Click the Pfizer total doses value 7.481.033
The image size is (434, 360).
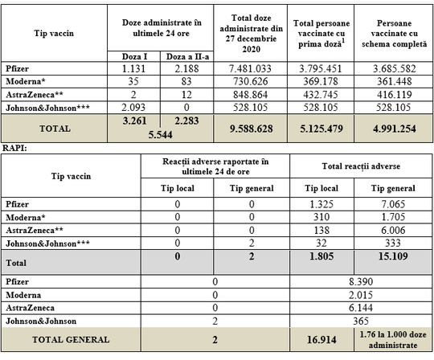[x=251, y=68]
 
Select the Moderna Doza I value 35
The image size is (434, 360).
[x=133, y=81]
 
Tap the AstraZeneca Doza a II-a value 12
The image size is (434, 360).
[x=186, y=95]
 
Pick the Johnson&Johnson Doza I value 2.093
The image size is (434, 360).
[x=133, y=108]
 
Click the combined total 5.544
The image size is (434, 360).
[x=160, y=135]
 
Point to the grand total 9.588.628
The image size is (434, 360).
[x=251, y=129]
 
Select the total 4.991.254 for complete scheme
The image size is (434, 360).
[x=394, y=129]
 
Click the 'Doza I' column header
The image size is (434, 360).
[x=134, y=57]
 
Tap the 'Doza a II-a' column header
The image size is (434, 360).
[x=187, y=57]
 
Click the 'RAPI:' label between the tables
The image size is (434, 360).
[x=14, y=149]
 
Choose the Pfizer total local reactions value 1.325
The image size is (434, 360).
[x=321, y=204]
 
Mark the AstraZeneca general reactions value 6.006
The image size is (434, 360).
[x=393, y=230]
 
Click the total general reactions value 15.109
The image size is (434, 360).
[x=393, y=256]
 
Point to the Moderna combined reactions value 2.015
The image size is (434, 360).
[x=361, y=295]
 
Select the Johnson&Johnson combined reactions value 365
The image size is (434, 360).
[x=361, y=321]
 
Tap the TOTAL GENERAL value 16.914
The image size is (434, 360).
[x=321, y=340]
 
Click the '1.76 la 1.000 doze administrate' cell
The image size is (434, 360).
[x=393, y=340]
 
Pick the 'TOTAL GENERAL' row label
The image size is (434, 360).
[x=71, y=340]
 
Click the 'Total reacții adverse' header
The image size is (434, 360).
[x=361, y=166]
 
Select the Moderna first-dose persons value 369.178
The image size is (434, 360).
[x=321, y=81]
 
